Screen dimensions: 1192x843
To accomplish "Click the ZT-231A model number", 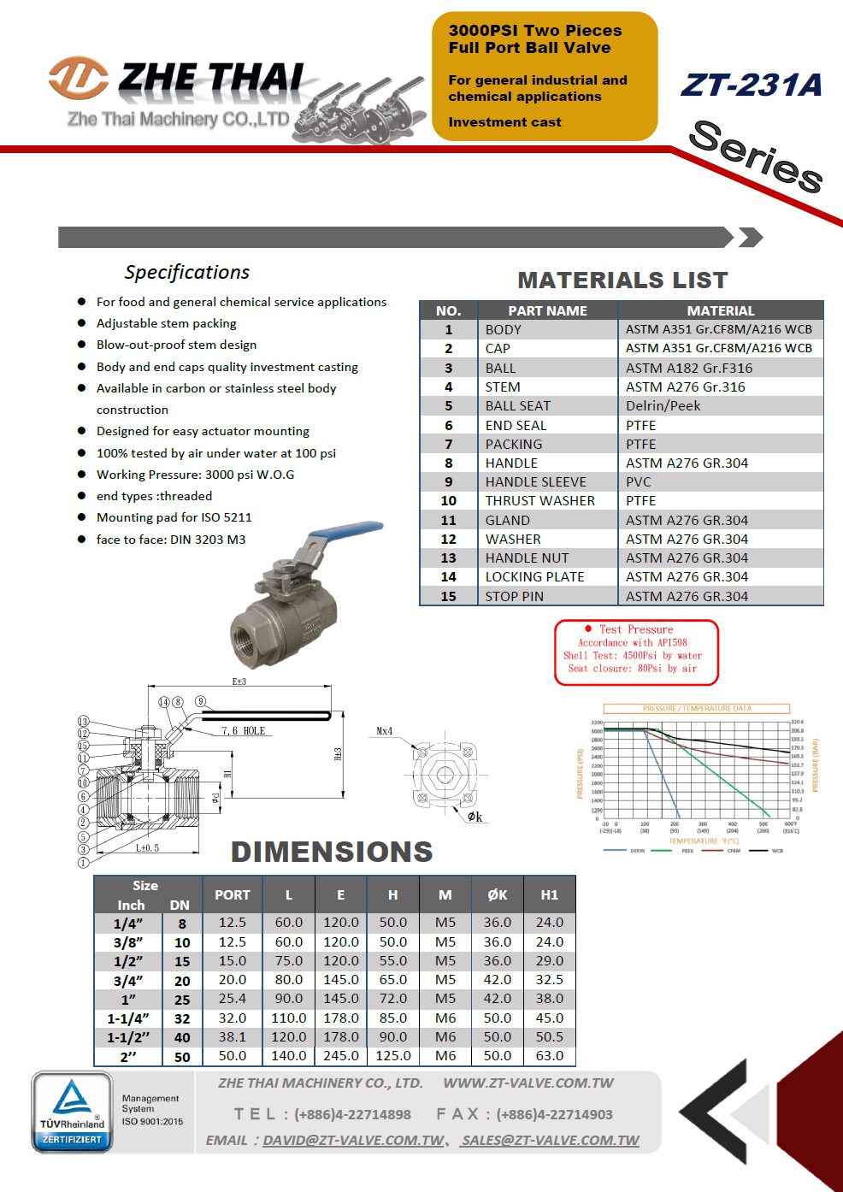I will pyautogui.click(x=752, y=85).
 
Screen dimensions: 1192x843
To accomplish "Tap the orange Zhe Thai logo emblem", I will pyautogui.click(x=78, y=78).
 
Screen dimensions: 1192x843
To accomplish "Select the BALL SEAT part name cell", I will pyautogui.click(x=518, y=406).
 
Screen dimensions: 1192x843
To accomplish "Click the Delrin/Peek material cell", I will pyautogui.click(x=663, y=406).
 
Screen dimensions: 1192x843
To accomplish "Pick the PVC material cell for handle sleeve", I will pyautogui.click(x=639, y=482).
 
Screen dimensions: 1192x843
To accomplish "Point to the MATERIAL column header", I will pyautogui.click(x=720, y=310).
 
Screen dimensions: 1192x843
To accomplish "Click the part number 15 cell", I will pyautogui.click(x=448, y=597).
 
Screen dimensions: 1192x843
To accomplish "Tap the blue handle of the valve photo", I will pyautogui.click(x=346, y=531).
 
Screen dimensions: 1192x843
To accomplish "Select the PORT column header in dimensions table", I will pyautogui.click(x=233, y=895).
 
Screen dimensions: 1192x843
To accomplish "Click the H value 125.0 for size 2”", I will pyautogui.click(x=393, y=1056).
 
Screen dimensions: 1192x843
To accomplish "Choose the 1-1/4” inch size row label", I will pyautogui.click(x=127, y=1018).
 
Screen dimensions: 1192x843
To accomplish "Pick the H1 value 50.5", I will pyautogui.click(x=549, y=1037).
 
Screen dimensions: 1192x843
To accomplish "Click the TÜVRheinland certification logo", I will pyautogui.click(x=72, y=1111).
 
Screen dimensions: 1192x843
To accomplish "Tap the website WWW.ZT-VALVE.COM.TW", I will pyautogui.click(x=528, y=1083).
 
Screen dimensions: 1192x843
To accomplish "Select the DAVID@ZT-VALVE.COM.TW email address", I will pyautogui.click(x=353, y=1141).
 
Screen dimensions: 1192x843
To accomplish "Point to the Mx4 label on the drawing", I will pyautogui.click(x=385, y=731).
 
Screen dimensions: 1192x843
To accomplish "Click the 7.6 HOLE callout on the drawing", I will pyautogui.click(x=243, y=731).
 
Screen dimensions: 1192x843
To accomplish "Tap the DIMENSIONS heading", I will pyautogui.click(x=332, y=852).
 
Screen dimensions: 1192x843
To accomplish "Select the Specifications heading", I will pyautogui.click(x=187, y=272).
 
